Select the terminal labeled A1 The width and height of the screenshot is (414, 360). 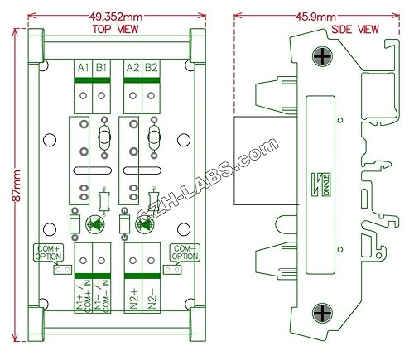[x=83, y=67]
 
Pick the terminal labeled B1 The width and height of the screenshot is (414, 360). [x=101, y=67]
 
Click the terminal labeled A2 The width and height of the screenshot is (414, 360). [x=132, y=67]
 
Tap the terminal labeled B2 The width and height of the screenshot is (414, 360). [x=150, y=67]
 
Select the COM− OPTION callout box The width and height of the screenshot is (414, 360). [x=185, y=252]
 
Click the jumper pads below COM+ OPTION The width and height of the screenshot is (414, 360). [x=58, y=269]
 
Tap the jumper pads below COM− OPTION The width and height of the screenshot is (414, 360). [x=172, y=269]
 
